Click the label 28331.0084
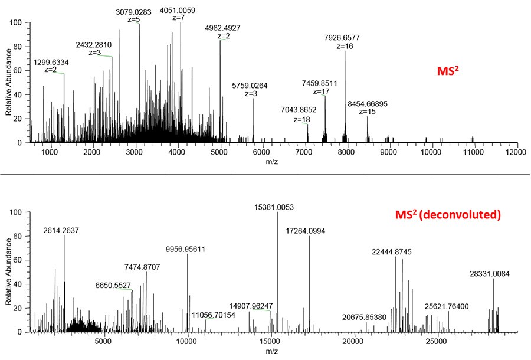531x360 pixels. point(494,273)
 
